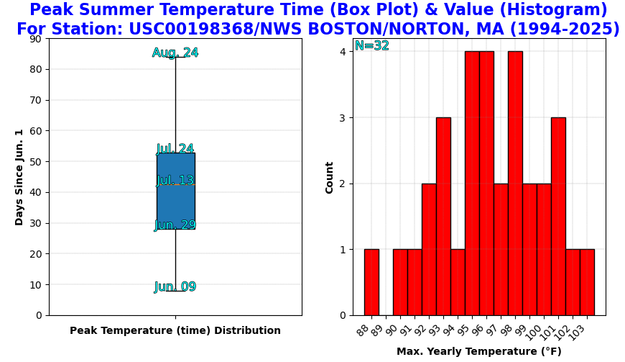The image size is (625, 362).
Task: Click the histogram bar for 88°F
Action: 371,282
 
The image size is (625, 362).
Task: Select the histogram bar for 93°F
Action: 444,217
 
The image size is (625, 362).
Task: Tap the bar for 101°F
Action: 558,217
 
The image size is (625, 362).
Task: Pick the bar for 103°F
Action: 587,282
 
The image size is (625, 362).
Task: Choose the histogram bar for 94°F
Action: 458,282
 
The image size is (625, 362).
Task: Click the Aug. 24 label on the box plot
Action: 175,53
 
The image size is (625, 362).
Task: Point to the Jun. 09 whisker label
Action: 175,286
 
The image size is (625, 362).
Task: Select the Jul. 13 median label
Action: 175,180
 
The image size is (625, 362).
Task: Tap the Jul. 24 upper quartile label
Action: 175,148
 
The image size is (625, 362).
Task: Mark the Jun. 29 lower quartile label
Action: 175,225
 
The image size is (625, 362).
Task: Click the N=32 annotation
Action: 372,45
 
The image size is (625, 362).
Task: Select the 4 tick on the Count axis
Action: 343,52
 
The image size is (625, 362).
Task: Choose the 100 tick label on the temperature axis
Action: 534,332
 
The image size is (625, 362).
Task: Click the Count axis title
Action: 329,178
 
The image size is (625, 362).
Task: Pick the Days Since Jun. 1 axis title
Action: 19,177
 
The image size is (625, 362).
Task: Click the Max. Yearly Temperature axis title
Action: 478,351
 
